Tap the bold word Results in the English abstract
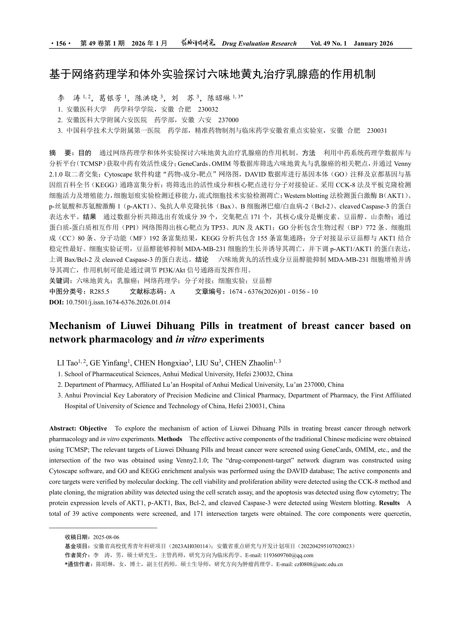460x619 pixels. click(389, 503)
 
